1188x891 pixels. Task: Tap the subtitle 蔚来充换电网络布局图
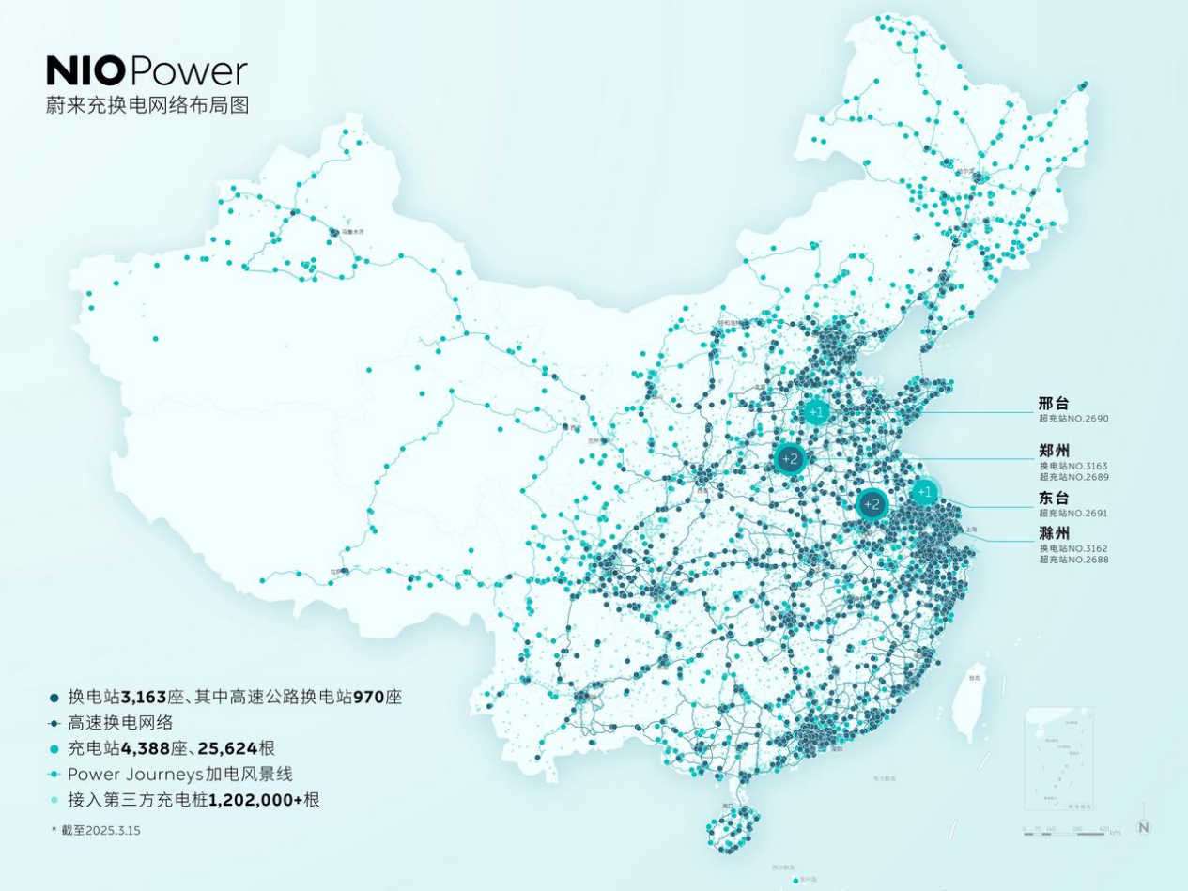tap(147, 105)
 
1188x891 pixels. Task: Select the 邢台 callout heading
tap(1054, 404)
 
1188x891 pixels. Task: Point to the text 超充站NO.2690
tap(1073, 419)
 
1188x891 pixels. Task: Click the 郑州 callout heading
tap(1054, 452)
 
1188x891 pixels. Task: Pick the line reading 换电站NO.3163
tap(1073, 466)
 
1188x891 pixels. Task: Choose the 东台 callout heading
tap(1054, 499)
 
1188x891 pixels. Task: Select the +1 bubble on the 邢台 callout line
tap(817, 411)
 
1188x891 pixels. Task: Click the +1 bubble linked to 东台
tap(925, 491)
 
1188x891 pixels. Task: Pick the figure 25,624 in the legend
tap(227, 748)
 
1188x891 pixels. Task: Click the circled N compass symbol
tap(1143, 827)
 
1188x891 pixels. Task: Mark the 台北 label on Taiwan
tap(974, 677)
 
